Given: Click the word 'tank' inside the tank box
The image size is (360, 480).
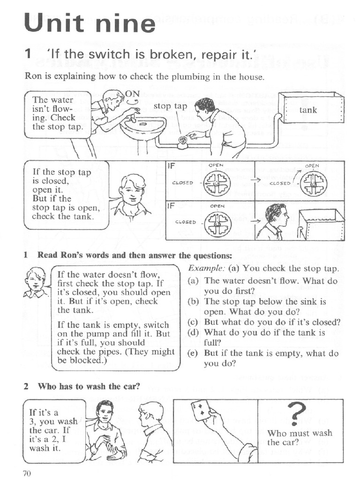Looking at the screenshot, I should tap(308, 110).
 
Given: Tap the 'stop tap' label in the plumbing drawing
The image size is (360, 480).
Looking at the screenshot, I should tap(170, 106).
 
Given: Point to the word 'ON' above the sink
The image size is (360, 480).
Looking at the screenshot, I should tap(132, 93).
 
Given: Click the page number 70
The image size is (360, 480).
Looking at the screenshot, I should tap(27, 472).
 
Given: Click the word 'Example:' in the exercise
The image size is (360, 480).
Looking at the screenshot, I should tap(204, 269).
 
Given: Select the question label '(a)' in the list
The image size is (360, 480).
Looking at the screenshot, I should tap(193, 281).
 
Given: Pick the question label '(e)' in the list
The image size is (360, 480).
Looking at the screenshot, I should tap(192, 353).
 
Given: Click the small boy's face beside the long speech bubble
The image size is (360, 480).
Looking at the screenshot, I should tap(35, 281).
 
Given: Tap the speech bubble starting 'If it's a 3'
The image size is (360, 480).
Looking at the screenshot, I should tap(53, 430).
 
